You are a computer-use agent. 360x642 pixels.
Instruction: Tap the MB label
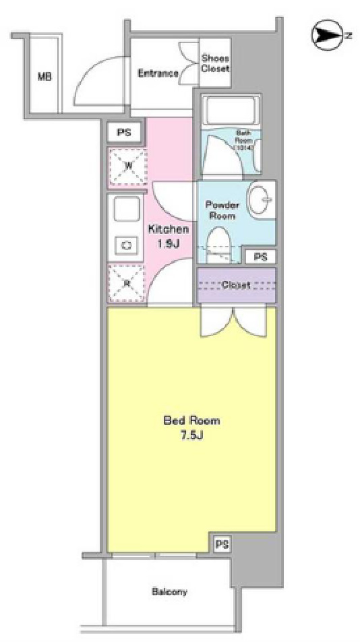pos(44,76)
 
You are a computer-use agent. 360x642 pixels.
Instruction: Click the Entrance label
pos(158,73)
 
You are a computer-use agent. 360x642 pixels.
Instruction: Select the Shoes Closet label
pos(216,63)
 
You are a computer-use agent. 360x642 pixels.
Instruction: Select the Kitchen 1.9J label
pos(167,236)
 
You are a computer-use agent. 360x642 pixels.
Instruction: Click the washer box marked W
pos(127,164)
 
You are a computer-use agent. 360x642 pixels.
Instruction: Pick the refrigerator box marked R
pos(127,283)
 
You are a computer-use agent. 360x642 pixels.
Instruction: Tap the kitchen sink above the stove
pos(127,211)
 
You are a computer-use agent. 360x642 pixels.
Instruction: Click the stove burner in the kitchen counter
pos(126,245)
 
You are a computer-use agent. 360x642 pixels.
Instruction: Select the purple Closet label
pos(236,285)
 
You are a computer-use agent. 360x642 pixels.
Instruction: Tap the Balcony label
pos(169,592)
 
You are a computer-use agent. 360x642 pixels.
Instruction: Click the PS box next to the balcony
pos(220,544)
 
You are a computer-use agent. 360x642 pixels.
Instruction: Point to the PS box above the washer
pos(123,132)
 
